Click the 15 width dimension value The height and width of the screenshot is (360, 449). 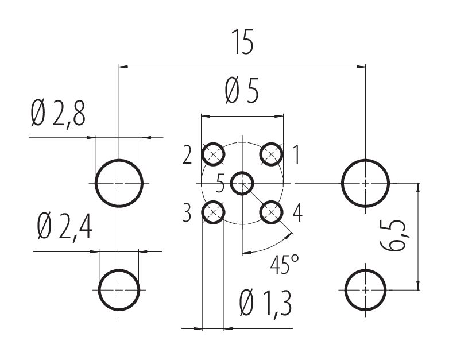pos(242,42)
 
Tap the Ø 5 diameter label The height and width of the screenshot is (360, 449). pos(242,91)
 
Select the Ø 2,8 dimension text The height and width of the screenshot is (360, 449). pos(58,115)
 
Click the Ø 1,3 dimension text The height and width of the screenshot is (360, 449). pos(266,303)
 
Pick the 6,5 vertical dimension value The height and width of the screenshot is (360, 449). pos(394,235)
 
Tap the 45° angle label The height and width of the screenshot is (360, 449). pos(285,264)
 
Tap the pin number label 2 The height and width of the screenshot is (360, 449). pos(187,154)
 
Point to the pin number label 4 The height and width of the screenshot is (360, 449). pos(297,212)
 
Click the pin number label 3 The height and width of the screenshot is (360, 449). pos(187,212)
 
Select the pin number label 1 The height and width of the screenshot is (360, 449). pos(297,154)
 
